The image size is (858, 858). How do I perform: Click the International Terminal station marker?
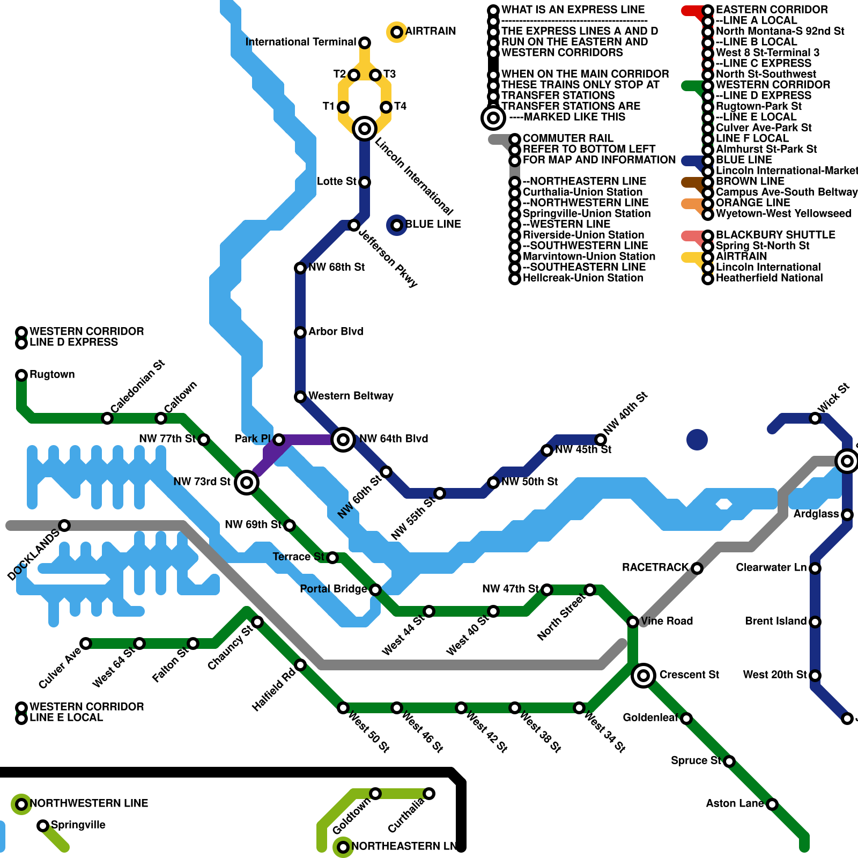pyautogui.click(x=365, y=42)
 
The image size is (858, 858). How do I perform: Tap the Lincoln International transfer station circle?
pyautogui.click(x=365, y=129)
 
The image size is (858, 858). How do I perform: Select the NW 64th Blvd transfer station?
pyautogui.click(x=343, y=440)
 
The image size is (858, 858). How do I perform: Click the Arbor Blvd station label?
pyautogui.click(x=336, y=331)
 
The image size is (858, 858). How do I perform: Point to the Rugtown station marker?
pyautogui.click(x=21, y=375)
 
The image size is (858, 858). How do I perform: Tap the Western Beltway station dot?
pyautogui.click(x=300, y=397)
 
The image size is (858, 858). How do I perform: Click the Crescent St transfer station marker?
pyautogui.click(x=643, y=676)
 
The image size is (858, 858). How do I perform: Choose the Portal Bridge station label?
pyautogui.click(x=333, y=589)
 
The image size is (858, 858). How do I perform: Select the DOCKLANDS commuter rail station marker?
pyautogui.click(x=64, y=526)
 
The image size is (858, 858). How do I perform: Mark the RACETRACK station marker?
pyautogui.click(x=697, y=568)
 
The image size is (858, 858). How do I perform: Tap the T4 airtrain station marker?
pyautogui.click(x=386, y=107)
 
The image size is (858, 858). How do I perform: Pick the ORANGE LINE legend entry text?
pyautogui.click(x=753, y=203)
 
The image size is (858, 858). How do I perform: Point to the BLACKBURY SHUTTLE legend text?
pyautogui.click(x=775, y=235)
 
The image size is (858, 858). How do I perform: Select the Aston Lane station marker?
pyautogui.click(x=772, y=804)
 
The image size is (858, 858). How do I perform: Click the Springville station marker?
pyautogui.click(x=43, y=826)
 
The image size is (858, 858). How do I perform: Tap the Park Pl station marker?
pyautogui.click(x=279, y=440)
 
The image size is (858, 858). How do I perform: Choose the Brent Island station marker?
pyautogui.click(x=815, y=622)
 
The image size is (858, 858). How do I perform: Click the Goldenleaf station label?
pyautogui.click(x=650, y=718)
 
